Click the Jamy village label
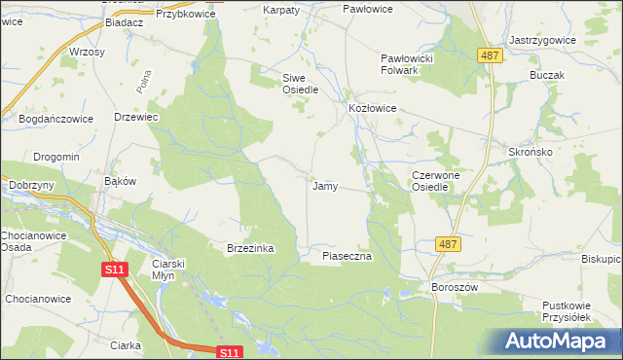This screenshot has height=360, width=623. pyautogui.click(x=324, y=186)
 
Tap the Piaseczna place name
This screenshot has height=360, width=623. pyautogui.click(x=348, y=256)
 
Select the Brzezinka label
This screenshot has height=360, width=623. pyautogui.click(x=250, y=249)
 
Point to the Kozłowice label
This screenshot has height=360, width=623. pyautogui.click(x=372, y=109)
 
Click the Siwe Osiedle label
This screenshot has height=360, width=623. pyautogui.click(x=301, y=84)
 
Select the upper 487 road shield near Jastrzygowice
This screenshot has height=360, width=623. pyautogui.click(x=491, y=56)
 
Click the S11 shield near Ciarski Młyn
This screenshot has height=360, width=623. pyautogui.click(x=115, y=269)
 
